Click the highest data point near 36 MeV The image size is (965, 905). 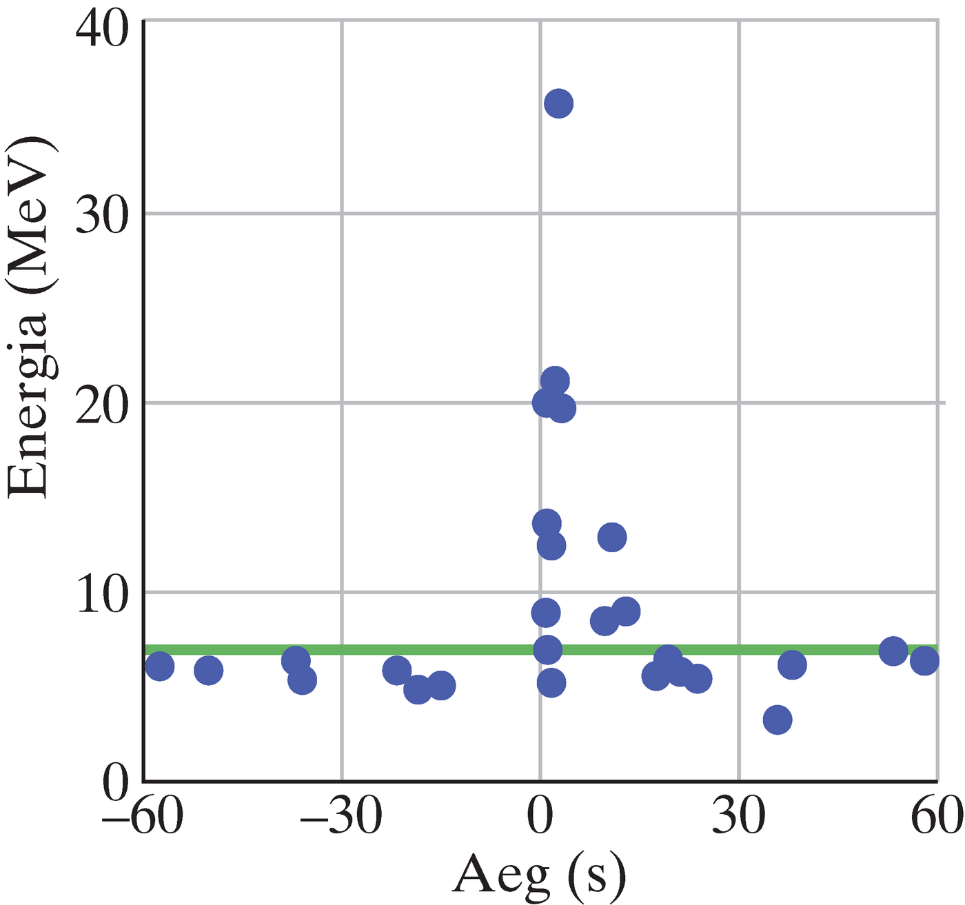click(x=558, y=104)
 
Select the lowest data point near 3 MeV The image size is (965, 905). click(x=778, y=720)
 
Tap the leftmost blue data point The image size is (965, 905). click(x=160, y=667)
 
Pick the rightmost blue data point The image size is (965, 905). click(x=924, y=661)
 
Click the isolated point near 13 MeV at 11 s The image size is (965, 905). click(x=612, y=537)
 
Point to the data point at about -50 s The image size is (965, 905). click(x=208, y=670)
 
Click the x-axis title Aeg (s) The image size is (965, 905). click(x=539, y=875)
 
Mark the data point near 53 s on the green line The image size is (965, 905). click(x=893, y=651)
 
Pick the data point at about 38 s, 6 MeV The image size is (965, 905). click(x=792, y=665)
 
